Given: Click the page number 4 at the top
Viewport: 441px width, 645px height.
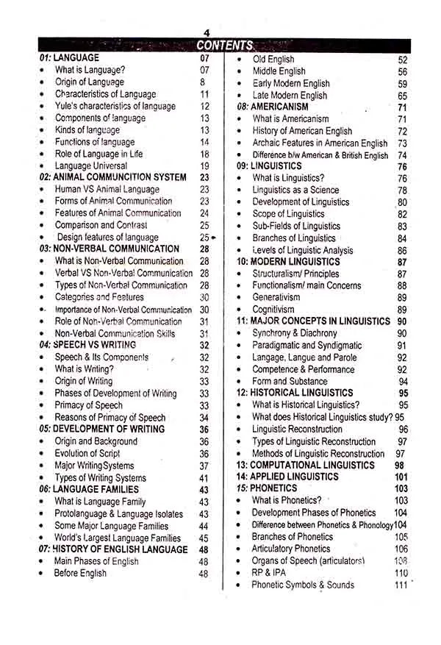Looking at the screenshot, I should coord(207,33).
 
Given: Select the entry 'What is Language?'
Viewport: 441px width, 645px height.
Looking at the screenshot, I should coord(90,70).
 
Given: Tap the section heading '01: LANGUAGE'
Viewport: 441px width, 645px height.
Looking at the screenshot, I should coord(69,57).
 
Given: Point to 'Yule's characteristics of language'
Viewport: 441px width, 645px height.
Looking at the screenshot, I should coord(115,106).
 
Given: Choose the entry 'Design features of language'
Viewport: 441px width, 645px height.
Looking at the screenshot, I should coord(107,237).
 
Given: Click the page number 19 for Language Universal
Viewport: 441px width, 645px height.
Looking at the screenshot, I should coord(204,165).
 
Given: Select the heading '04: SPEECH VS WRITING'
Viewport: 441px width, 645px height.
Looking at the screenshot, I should coord(87,344).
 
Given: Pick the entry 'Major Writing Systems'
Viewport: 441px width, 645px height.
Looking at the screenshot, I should coord(95,466).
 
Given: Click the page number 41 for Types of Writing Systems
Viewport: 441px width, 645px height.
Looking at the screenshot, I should coord(204,477).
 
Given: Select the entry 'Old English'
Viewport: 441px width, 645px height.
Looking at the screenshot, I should coord(273,59).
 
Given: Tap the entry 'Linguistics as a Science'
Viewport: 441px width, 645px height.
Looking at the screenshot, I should coord(295,190).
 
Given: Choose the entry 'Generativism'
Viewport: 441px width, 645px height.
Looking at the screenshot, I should coord(276,297).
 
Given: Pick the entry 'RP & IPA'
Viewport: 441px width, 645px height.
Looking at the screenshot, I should coord(268,573).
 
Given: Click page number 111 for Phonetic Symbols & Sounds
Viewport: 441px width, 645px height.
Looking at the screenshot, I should coord(401,585).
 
